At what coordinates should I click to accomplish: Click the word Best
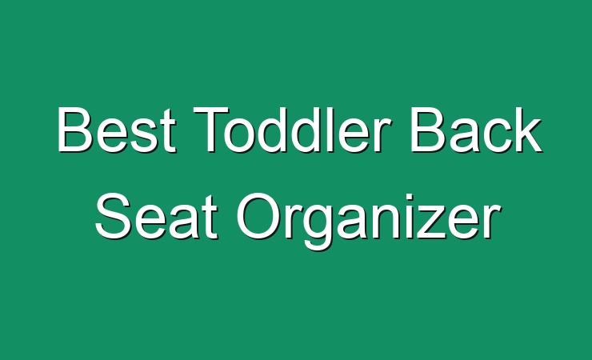116,130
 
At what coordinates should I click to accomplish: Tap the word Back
476,130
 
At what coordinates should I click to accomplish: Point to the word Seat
156,216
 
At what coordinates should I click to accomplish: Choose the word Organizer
369,221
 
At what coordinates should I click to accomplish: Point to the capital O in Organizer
258,216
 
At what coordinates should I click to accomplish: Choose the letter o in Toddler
239,135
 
